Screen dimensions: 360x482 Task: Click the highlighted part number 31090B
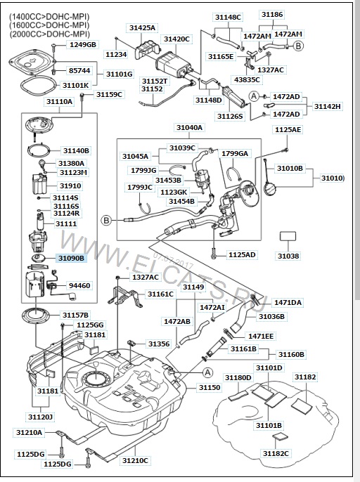pos(71,258)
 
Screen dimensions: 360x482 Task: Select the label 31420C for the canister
pos(176,39)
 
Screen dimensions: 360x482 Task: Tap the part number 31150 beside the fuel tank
pos(210,387)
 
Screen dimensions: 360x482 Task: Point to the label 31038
pos(288,256)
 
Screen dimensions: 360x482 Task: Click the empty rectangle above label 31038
pos(288,236)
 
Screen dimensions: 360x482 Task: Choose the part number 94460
pos(79,285)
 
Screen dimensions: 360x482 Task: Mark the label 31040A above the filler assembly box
pos(190,127)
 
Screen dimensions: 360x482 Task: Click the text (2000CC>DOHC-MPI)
pos(49,34)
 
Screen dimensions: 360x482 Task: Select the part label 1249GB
pos(83,44)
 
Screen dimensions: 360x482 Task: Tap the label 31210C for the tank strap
pos(135,460)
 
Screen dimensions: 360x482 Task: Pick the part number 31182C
pos(276,453)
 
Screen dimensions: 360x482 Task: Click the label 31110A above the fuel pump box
pos(60,101)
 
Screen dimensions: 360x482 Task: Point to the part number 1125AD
pos(242,255)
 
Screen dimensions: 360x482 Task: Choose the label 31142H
pos(328,106)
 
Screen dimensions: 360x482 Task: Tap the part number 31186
pos(272,15)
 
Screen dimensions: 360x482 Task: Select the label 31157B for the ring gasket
pos(75,315)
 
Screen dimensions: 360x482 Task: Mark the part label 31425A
pos(142,27)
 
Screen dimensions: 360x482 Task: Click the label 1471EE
pos(261,337)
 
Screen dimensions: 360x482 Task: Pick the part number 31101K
pos(75,85)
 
